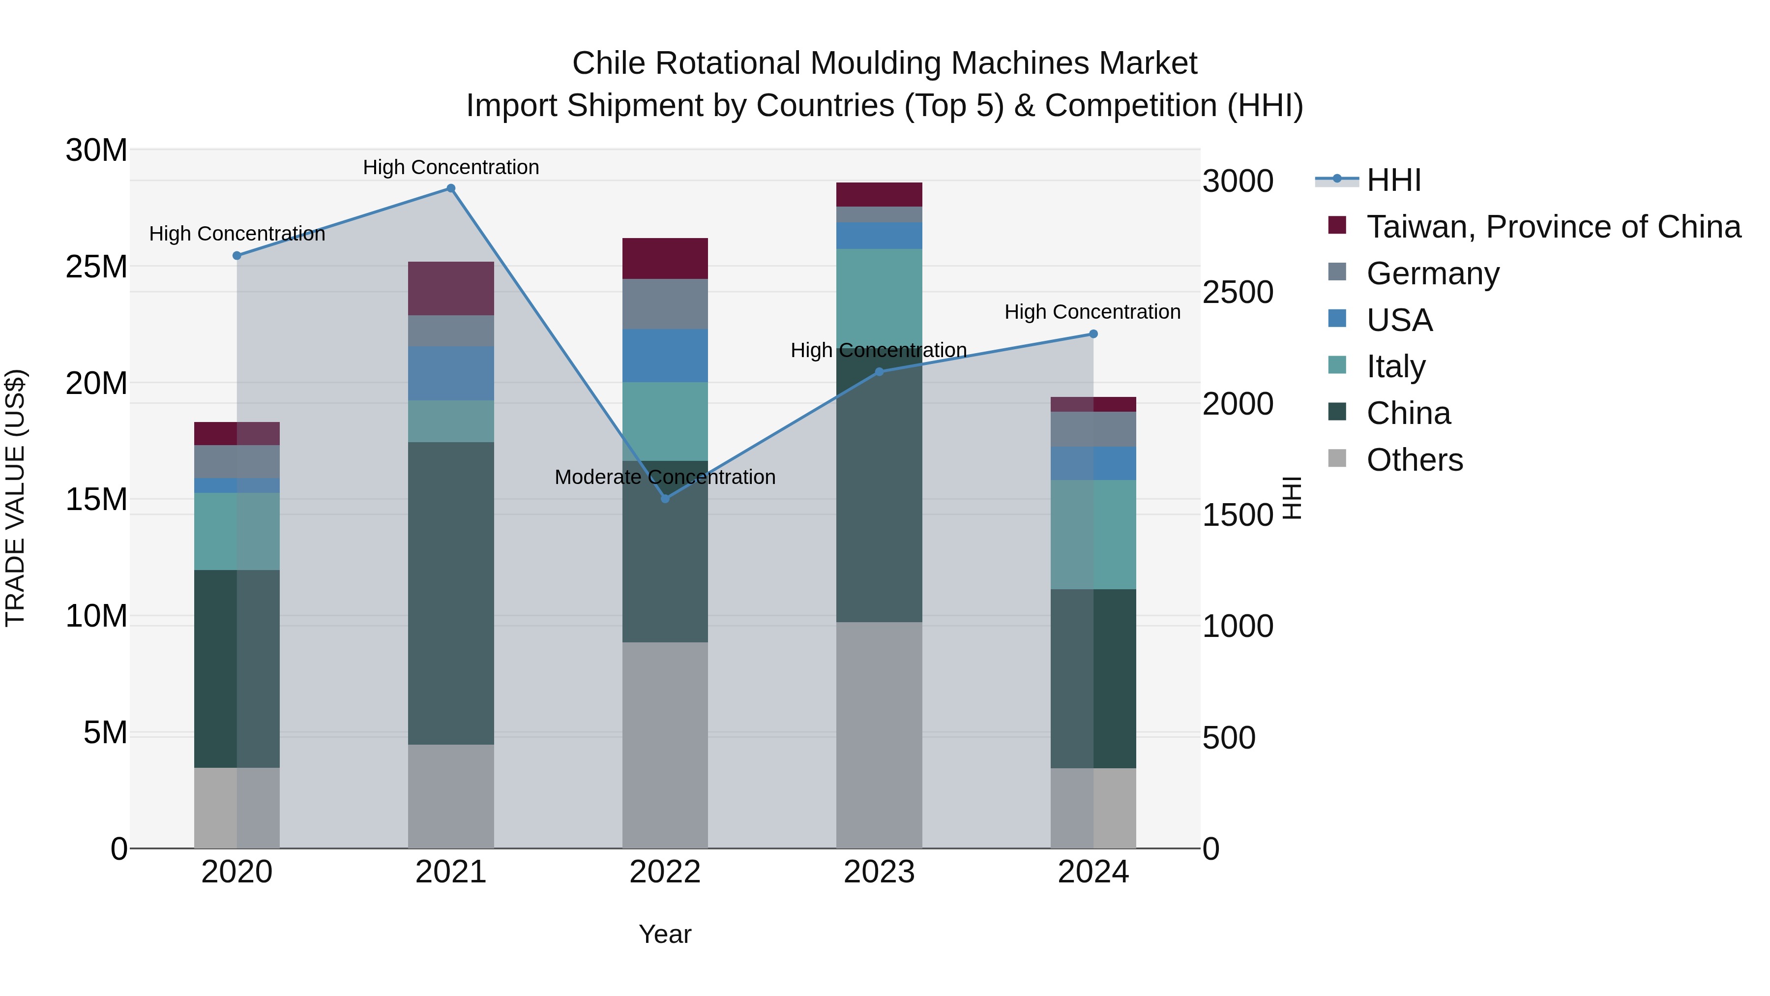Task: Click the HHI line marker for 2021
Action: pyautogui.click(x=451, y=188)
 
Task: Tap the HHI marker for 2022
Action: pyautogui.click(x=665, y=498)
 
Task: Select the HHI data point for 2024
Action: pyautogui.click(x=1093, y=334)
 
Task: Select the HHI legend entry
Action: pyautogui.click(x=1393, y=180)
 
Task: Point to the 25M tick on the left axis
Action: pyautogui.click(x=96, y=267)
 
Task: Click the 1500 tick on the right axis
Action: pyautogui.click(x=1238, y=515)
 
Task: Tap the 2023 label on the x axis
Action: pyautogui.click(x=879, y=872)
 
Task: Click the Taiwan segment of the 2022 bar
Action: pyautogui.click(x=665, y=258)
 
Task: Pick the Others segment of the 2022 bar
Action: pyautogui.click(x=665, y=745)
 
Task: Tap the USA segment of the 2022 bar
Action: pyautogui.click(x=665, y=356)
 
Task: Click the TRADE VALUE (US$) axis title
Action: pyautogui.click(x=15, y=498)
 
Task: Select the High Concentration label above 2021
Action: pyautogui.click(x=451, y=167)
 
